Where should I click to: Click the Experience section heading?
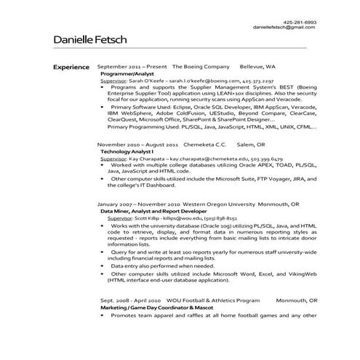[71, 66]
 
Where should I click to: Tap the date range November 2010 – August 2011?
[135, 143]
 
